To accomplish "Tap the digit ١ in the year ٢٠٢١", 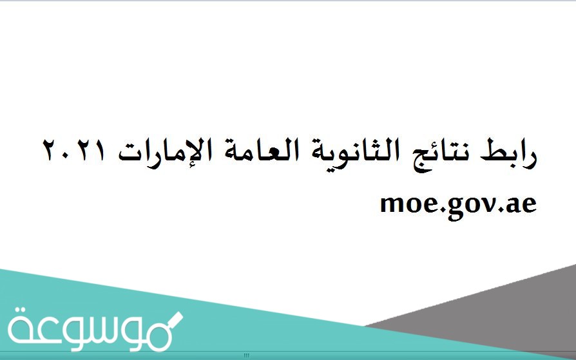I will click(51, 151).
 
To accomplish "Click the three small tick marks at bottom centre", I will click(246, 355).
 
